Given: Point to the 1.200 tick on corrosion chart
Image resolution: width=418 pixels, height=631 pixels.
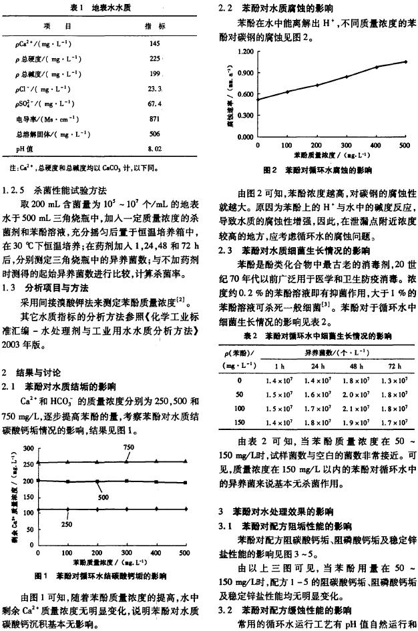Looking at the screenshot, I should tap(245, 51).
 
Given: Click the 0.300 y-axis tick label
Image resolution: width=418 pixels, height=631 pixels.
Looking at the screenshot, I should tap(245, 116).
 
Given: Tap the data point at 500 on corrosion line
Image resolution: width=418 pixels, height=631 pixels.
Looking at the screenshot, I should tap(404, 61).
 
